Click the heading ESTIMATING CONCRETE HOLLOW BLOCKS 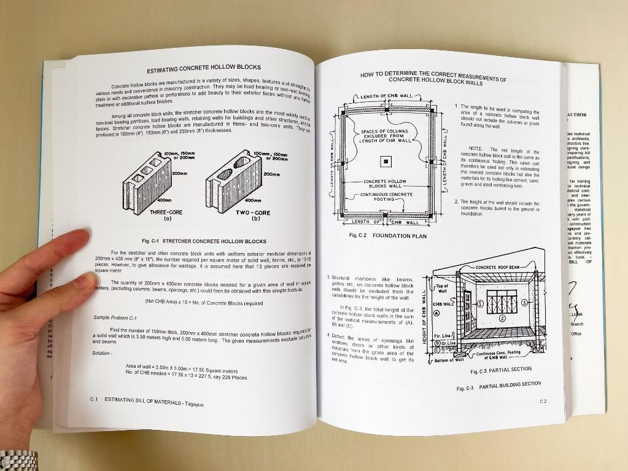(203, 68)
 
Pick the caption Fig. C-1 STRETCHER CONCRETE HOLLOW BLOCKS (204, 241)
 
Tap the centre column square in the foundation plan (385, 162)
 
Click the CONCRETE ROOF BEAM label (498, 268)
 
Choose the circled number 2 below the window (502, 318)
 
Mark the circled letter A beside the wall (436, 313)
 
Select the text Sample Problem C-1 (115, 317)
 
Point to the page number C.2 (543, 401)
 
